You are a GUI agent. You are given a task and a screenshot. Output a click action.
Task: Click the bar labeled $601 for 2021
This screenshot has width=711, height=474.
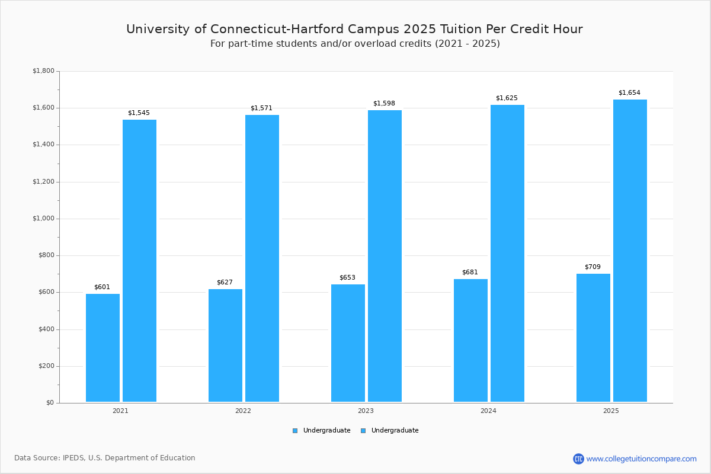[x=103, y=348]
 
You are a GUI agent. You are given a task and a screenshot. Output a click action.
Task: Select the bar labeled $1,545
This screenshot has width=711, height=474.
[x=139, y=261]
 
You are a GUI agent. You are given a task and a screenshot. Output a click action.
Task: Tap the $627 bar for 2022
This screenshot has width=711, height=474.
[x=225, y=345]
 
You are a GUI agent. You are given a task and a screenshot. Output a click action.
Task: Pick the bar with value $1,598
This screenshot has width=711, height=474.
[x=385, y=256]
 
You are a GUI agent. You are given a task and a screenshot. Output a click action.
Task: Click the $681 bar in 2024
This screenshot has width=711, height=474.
[x=470, y=341]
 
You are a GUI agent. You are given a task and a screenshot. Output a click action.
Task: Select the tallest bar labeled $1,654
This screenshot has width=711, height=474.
[x=630, y=251]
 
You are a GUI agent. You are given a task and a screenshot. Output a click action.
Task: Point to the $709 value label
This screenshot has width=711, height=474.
[x=592, y=267]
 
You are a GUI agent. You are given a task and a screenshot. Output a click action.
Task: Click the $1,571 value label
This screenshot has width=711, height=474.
[x=261, y=108]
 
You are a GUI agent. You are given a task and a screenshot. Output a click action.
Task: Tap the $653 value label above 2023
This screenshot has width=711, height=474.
[x=347, y=278]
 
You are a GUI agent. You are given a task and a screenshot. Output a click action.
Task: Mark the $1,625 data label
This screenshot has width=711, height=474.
[x=507, y=98]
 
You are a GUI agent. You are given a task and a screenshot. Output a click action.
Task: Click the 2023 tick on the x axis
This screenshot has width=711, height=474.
[x=366, y=411]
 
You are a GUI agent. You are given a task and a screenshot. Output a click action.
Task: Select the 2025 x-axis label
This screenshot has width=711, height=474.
[x=611, y=411]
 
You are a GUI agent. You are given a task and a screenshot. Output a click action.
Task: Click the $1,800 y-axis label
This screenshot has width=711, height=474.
[x=43, y=71]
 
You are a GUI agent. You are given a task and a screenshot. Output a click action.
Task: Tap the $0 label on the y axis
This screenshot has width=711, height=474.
[x=49, y=403]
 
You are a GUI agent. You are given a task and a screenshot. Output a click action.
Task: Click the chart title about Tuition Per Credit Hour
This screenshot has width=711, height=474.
[x=354, y=29]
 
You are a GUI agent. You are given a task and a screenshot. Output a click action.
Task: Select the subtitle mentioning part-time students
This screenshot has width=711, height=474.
[x=355, y=44]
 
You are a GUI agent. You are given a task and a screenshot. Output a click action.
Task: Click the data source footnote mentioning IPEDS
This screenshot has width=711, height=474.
[x=105, y=458]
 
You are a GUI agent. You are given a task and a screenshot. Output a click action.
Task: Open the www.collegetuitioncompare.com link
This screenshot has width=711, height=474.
[x=641, y=459]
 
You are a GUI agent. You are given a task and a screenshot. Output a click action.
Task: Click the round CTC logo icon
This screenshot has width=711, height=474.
[x=578, y=459]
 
